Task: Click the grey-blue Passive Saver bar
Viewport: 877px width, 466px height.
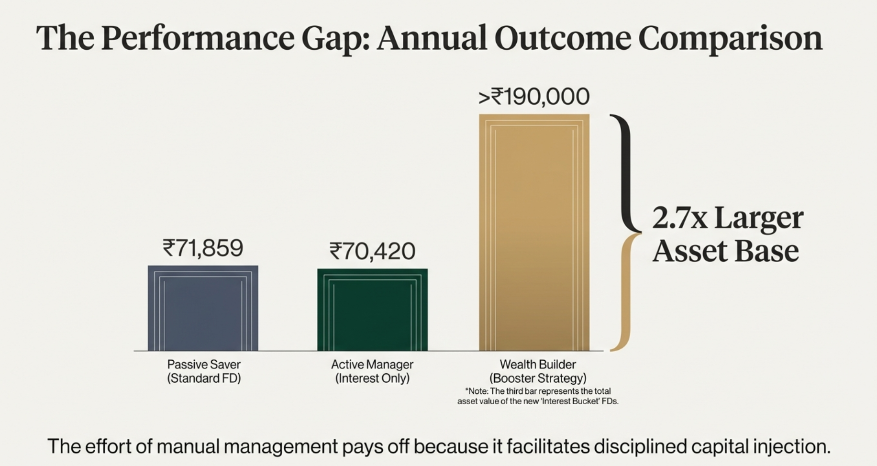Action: coord(203,309)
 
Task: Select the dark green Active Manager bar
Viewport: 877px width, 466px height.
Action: coord(372,310)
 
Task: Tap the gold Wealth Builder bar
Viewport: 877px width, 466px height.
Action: coord(534,233)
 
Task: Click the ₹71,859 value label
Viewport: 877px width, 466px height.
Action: coord(203,248)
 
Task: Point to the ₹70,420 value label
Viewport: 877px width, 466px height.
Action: coord(372,251)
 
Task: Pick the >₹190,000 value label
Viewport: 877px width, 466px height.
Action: coord(534,97)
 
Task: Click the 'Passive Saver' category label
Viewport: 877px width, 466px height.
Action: coord(204,364)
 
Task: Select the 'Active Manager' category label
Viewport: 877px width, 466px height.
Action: coord(372,364)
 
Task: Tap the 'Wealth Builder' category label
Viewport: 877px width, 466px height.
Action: coord(538,364)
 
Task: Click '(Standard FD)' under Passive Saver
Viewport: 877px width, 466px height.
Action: coord(204,378)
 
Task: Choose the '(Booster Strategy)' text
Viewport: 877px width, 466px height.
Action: coord(538,378)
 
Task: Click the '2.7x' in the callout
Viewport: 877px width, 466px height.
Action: coord(679,218)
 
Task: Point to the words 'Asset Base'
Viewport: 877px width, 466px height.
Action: coord(725,251)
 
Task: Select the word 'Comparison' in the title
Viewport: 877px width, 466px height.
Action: coord(730,38)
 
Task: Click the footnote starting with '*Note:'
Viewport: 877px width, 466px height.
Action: coord(538,396)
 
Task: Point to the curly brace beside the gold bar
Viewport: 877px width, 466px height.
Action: coord(624,233)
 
